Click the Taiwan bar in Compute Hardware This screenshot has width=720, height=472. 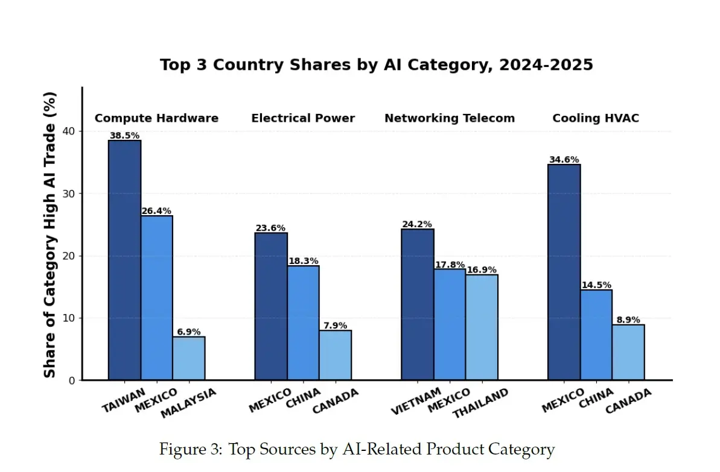[124, 260]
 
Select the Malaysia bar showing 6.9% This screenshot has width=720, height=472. [189, 358]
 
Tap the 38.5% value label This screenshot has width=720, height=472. [124, 135]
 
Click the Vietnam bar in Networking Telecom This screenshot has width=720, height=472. [418, 304]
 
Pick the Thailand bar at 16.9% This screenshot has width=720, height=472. [482, 327]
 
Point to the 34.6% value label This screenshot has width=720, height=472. [564, 159]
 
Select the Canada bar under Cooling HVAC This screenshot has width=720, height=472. [628, 352]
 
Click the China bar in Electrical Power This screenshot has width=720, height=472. [303, 323]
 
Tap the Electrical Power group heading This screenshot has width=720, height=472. [303, 118]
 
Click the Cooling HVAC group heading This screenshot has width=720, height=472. [596, 118]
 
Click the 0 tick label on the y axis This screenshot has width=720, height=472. [72, 380]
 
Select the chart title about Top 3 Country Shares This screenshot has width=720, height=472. [377, 65]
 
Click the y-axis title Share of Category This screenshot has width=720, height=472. [49, 234]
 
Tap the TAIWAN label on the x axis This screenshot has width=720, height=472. [123, 400]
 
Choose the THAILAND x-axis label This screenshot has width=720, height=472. [480, 403]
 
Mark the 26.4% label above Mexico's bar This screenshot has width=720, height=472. [156, 210]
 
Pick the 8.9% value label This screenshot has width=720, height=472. [628, 319]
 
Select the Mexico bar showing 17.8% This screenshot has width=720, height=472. [450, 325]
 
